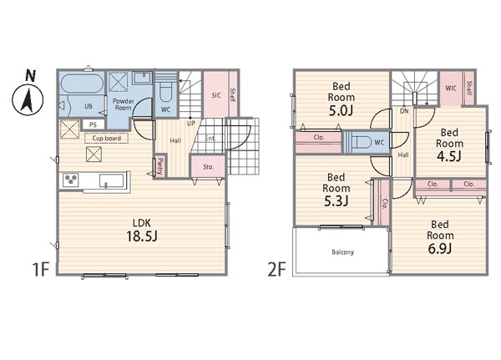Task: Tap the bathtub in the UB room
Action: pyautogui.click(x=82, y=84)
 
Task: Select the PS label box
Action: pyautogui.click(x=93, y=124)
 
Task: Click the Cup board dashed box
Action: pyautogui.click(x=106, y=138)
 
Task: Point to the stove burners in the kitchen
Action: pyautogui.click(x=71, y=180)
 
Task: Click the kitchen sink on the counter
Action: pyautogui.click(x=111, y=180)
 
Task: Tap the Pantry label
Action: pyautogui.click(x=159, y=166)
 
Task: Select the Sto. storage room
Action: pyautogui.click(x=208, y=166)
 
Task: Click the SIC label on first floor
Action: pyautogui.click(x=216, y=95)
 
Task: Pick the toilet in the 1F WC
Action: pyautogui.click(x=165, y=91)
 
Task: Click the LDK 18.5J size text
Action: pyautogui.click(x=142, y=236)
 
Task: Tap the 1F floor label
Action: pyautogui.click(x=41, y=269)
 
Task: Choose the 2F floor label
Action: pyautogui.click(x=276, y=269)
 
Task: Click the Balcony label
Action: pyautogui.click(x=343, y=252)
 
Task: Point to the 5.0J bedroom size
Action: pyautogui.click(x=341, y=110)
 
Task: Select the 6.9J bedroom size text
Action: pyautogui.click(x=440, y=248)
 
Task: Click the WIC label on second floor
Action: pyautogui.click(x=451, y=88)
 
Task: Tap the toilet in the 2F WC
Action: pyautogui.click(x=361, y=142)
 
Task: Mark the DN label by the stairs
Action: pyautogui.click(x=404, y=111)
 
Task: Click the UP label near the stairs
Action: pyautogui.click(x=190, y=123)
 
